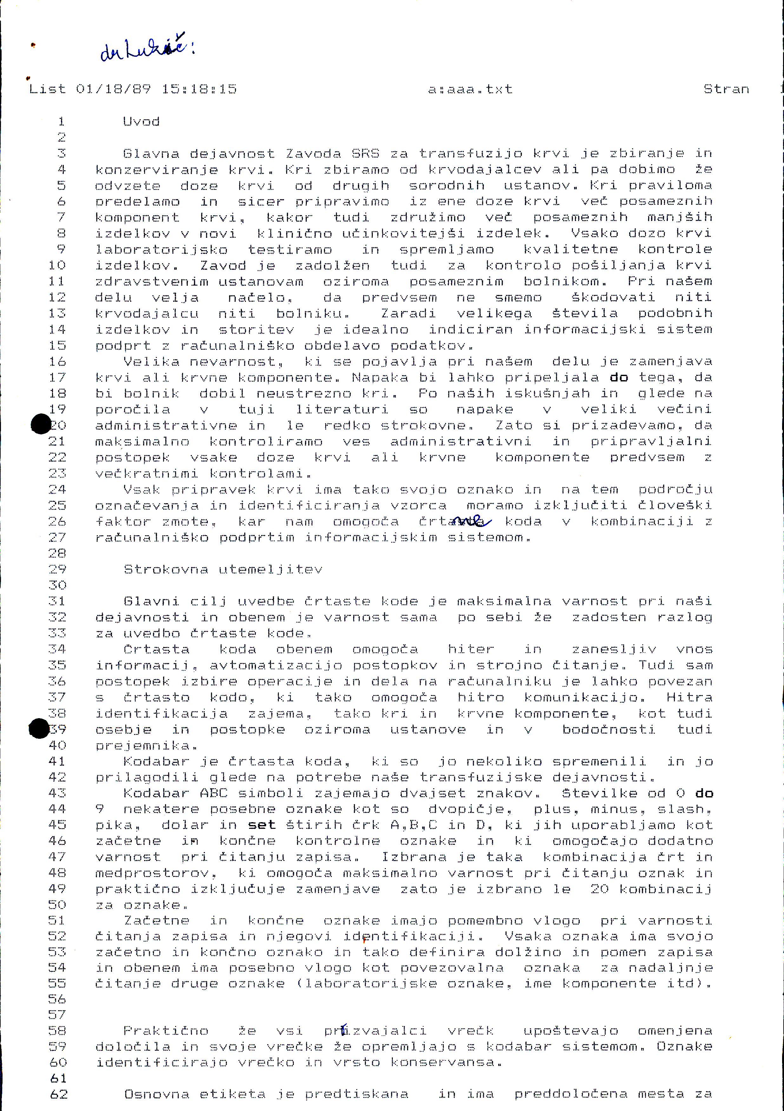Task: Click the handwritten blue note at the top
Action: click(145, 51)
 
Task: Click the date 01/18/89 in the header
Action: click(113, 89)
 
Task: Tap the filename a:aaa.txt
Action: click(470, 89)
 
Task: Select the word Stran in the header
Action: click(726, 89)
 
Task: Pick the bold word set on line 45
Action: click(261, 825)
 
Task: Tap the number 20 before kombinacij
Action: click(599, 889)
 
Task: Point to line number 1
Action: click(62, 121)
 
